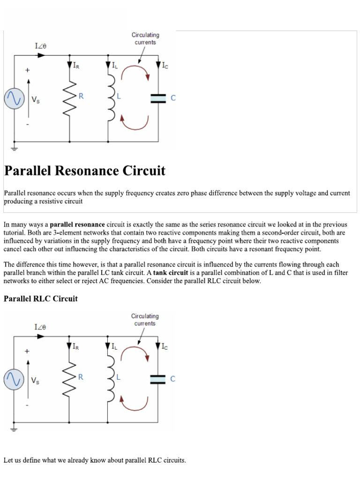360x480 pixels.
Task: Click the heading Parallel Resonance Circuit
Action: click(x=85, y=171)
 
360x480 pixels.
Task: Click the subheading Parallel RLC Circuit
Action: click(x=41, y=299)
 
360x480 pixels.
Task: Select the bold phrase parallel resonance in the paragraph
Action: click(x=77, y=225)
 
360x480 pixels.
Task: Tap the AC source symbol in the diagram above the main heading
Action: click(x=14, y=99)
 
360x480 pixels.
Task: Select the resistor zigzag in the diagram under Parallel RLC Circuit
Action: click(x=69, y=378)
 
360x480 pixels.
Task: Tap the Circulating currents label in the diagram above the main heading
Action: click(x=145, y=38)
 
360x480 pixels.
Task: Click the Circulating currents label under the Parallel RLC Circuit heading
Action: click(x=145, y=320)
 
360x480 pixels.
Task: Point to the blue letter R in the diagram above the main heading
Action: click(x=81, y=96)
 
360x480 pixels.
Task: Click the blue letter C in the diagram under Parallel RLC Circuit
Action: click(x=173, y=379)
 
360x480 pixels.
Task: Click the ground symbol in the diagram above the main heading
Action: click(x=14, y=149)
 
